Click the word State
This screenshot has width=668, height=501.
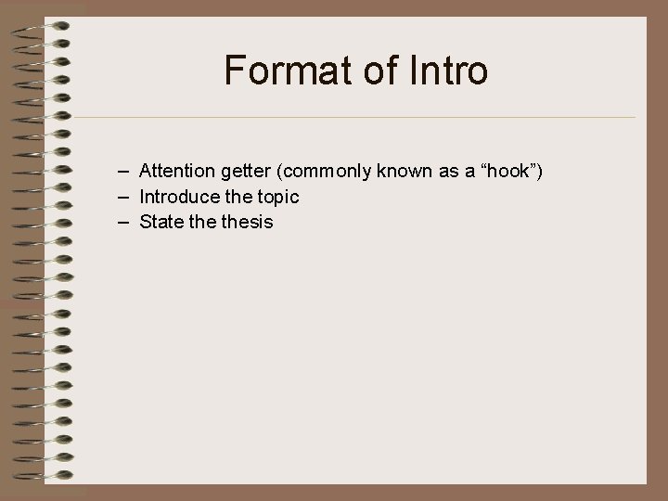[x=160, y=222]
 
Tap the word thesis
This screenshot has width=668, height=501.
[x=244, y=222]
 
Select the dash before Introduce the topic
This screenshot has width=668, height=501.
[x=123, y=198]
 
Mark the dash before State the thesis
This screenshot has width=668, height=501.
[x=123, y=222]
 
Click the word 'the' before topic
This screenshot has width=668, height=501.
[x=236, y=197]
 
